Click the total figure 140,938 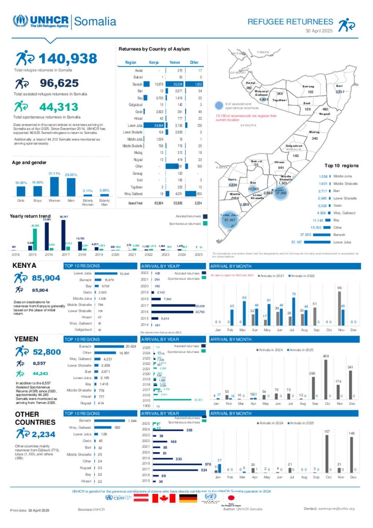68,59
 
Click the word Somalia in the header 95,22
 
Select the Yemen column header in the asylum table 174,62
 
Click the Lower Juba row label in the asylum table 135,125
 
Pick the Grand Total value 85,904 159,203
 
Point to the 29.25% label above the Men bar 71,175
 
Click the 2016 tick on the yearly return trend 49,255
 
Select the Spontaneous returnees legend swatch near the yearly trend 205,224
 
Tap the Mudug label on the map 314,132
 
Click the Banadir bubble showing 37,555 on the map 280,193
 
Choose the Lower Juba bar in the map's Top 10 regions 317,242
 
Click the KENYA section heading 24,265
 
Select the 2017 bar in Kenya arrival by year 173,306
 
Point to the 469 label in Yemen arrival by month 326,356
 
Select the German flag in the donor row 188,498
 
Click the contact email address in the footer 336,509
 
